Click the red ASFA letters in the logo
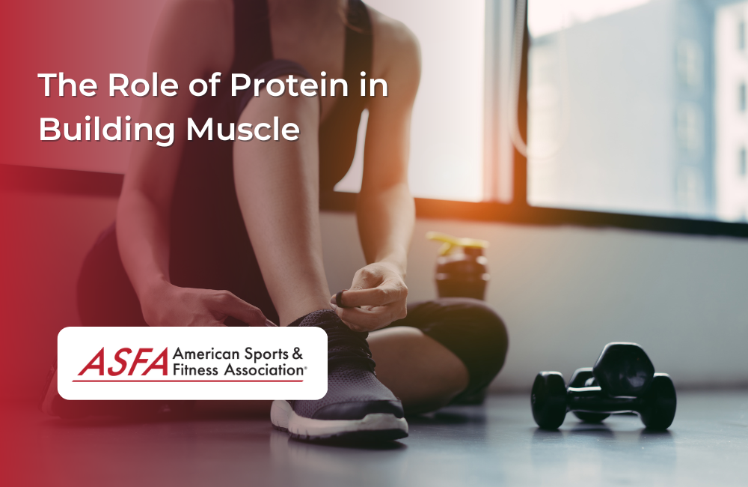pyautogui.click(x=122, y=363)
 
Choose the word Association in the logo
pyautogui.click(x=260, y=369)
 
